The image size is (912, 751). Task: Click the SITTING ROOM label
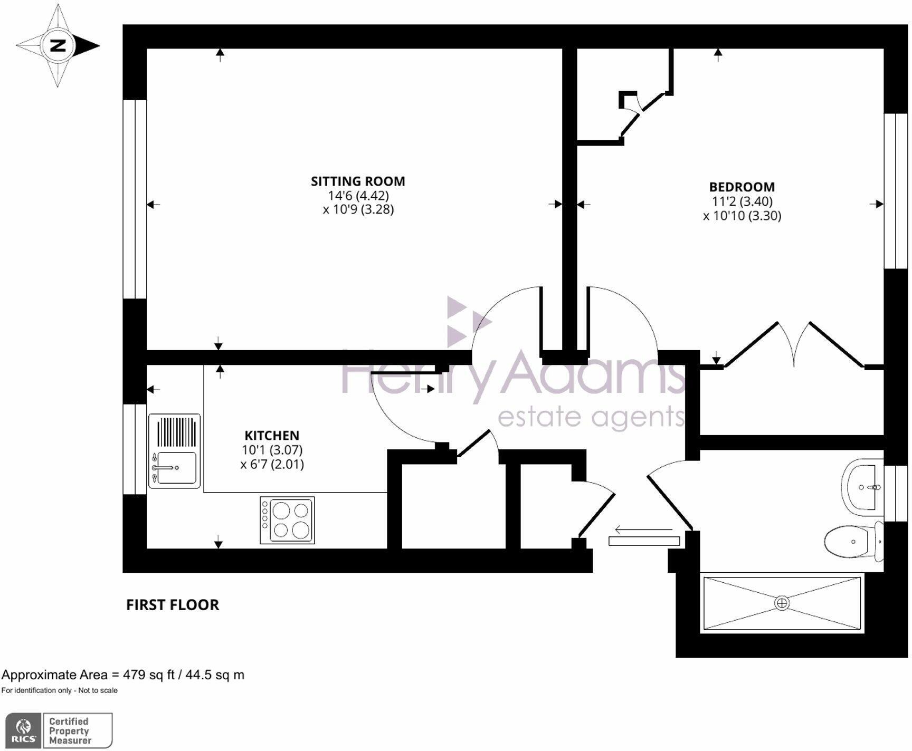coord(358,181)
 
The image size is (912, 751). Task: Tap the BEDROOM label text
coord(742,187)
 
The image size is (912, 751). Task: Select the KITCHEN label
coord(272,436)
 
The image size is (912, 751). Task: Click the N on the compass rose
coord(58,45)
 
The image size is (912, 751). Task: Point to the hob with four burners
coord(287,520)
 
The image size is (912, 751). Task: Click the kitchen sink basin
coord(176,468)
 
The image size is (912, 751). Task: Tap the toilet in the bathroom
coord(851,541)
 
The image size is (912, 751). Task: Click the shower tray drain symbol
coord(782,603)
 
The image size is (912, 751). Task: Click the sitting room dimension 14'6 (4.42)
coord(358,196)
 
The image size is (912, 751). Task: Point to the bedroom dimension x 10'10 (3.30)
coord(742,216)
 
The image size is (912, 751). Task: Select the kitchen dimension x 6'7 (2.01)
coord(272,465)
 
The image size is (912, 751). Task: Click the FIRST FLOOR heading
coord(172,605)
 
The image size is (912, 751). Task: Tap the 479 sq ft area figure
coord(148,675)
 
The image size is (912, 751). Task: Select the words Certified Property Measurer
coord(70,730)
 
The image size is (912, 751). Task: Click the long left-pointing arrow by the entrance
coord(643,529)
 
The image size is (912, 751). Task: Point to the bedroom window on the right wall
coord(896,191)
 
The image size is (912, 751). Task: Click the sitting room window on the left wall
coord(135,199)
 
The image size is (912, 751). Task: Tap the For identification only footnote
coord(59,690)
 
